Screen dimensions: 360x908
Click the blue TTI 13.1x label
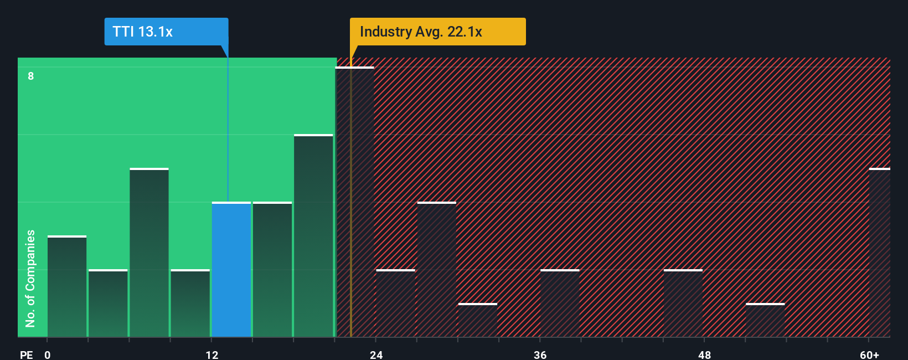click(x=166, y=32)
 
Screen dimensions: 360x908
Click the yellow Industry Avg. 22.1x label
click(x=437, y=32)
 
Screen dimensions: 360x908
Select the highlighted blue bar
click(x=231, y=270)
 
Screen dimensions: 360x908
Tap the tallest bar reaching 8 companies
click(x=355, y=202)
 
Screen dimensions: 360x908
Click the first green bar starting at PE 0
click(x=67, y=286)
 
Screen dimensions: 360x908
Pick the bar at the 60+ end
click(x=879, y=253)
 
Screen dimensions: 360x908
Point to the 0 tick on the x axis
click(x=48, y=354)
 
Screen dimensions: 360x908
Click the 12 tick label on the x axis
click(x=212, y=354)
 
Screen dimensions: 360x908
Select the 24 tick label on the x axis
click(x=376, y=354)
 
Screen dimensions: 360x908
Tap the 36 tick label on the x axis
click(x=540, y=354)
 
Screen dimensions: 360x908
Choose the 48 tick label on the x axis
click(x=704, y=354)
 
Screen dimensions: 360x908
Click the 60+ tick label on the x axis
click(x=870, y=354)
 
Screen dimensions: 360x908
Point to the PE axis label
click(x=26, y=354)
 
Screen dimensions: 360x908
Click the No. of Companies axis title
click(x=30, y=278)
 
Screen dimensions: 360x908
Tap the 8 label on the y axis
click(x=31, y=76)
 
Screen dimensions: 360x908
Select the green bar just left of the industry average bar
click(x=313, y=236)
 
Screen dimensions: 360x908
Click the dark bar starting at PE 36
click(x=560, y=304)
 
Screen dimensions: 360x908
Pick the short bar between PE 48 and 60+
click(x=765, y=320)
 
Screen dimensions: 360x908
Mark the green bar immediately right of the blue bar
click(x=272, y=270)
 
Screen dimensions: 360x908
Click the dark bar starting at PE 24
click(x=395, y=304)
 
